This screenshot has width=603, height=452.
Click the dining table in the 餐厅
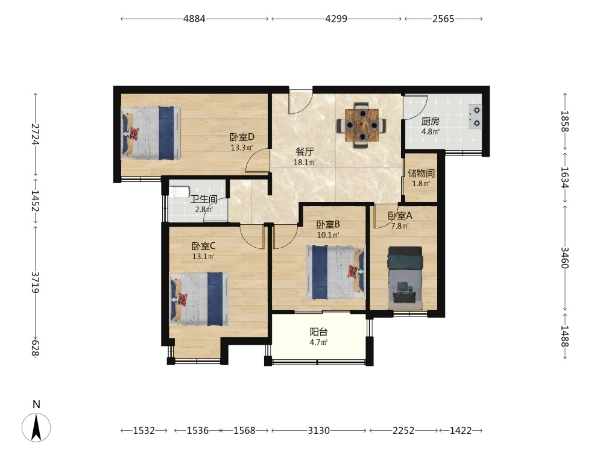click(361, 125)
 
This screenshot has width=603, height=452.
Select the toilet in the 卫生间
click(179, 192)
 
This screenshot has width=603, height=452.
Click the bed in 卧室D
click(151, 133)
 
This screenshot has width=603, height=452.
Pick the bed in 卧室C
click(200, 299)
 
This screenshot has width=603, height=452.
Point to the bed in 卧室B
click(336, 272)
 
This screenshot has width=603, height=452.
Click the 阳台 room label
click(319, 331)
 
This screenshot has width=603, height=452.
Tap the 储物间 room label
click(421, 173)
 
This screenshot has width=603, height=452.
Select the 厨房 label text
click(431, 122)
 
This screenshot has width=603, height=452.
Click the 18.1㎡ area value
click(305, 162)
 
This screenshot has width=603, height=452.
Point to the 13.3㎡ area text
click(242, 148)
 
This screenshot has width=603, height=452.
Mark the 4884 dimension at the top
click(194, 19)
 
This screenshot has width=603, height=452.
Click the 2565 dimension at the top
click(443, 19)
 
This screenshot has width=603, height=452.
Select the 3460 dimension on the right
click(564, 257)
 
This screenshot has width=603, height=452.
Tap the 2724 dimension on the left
click(35, 134)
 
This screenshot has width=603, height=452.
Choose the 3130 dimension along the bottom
click(319, 430)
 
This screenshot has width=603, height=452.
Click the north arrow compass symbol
click(36, 427)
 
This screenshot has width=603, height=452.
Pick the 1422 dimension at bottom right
click(461, 430)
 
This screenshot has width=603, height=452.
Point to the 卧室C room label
click(204, 246)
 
